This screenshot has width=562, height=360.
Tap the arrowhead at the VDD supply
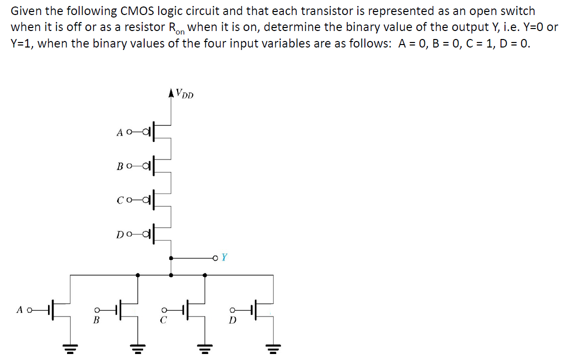coord(172,92)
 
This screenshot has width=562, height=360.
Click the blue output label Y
coord(225,257)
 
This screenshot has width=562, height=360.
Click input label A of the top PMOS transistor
coord(120,132)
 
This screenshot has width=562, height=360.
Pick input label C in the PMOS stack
coord(120,200)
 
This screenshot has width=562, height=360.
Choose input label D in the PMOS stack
coord(120,234)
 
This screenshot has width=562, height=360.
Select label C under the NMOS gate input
coord(163,320)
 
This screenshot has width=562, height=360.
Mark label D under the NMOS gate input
coord(232,320)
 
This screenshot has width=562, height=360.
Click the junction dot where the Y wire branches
coord(172,258)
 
